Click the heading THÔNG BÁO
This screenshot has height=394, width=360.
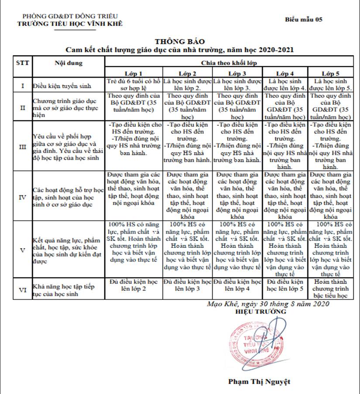click(179, 42)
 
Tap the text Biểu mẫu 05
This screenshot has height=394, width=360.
click(304, 20)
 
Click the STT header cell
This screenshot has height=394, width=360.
click(23, 62)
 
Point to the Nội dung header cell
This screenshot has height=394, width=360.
click(69, 62)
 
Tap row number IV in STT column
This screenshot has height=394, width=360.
click(23, 197)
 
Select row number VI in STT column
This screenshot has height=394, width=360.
click(23, 289)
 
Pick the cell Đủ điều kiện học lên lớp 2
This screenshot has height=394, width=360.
click(134, 285)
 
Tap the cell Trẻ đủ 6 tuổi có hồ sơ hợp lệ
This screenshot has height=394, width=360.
click(134, 85)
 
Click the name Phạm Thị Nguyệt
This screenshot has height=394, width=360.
click(259, 381)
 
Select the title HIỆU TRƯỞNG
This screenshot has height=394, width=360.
click(261, 312)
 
